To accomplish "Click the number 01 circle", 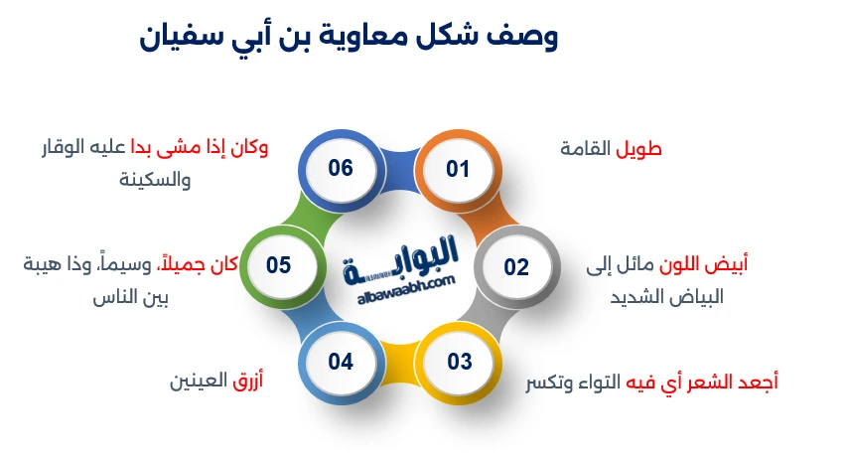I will (x=457, y=169).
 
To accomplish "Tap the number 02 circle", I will (x=516, y=266).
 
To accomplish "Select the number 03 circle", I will (x=459, y=361).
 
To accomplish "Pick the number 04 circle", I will (x=341, y=361).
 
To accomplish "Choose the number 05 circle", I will (x=278, y=265).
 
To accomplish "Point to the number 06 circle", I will (x=341, y=168).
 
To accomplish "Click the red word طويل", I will (x=639, y=150).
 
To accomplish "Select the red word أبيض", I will (x=727, y=264).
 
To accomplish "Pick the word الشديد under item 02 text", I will (x=625, y=297).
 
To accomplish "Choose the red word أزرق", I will (x=246, y=382).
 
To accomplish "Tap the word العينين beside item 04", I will (x=199, y=382).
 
